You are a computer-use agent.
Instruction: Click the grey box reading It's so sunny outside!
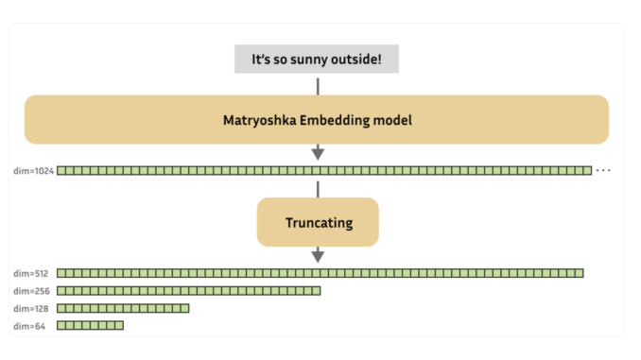pos(317,59)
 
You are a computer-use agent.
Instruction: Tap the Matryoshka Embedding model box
pos(317,120)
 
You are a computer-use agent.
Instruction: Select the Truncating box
pos(318,223)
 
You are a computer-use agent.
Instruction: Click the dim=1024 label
pos(34,171)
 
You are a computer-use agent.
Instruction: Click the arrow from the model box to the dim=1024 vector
pos(318,152)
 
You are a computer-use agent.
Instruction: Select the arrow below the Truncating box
pos(318,254)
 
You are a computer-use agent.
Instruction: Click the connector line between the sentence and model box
pos(318,85)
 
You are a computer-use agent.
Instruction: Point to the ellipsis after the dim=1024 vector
pos(604,171)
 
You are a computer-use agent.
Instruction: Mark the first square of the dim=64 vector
pos(61,326)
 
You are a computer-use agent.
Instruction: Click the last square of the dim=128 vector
pos(184,308)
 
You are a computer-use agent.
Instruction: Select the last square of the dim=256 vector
pos(316,291)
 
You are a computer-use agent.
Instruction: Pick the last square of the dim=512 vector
pos(579,273)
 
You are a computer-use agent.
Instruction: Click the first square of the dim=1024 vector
pos(61,171)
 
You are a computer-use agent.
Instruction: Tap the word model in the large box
pos(390,120)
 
